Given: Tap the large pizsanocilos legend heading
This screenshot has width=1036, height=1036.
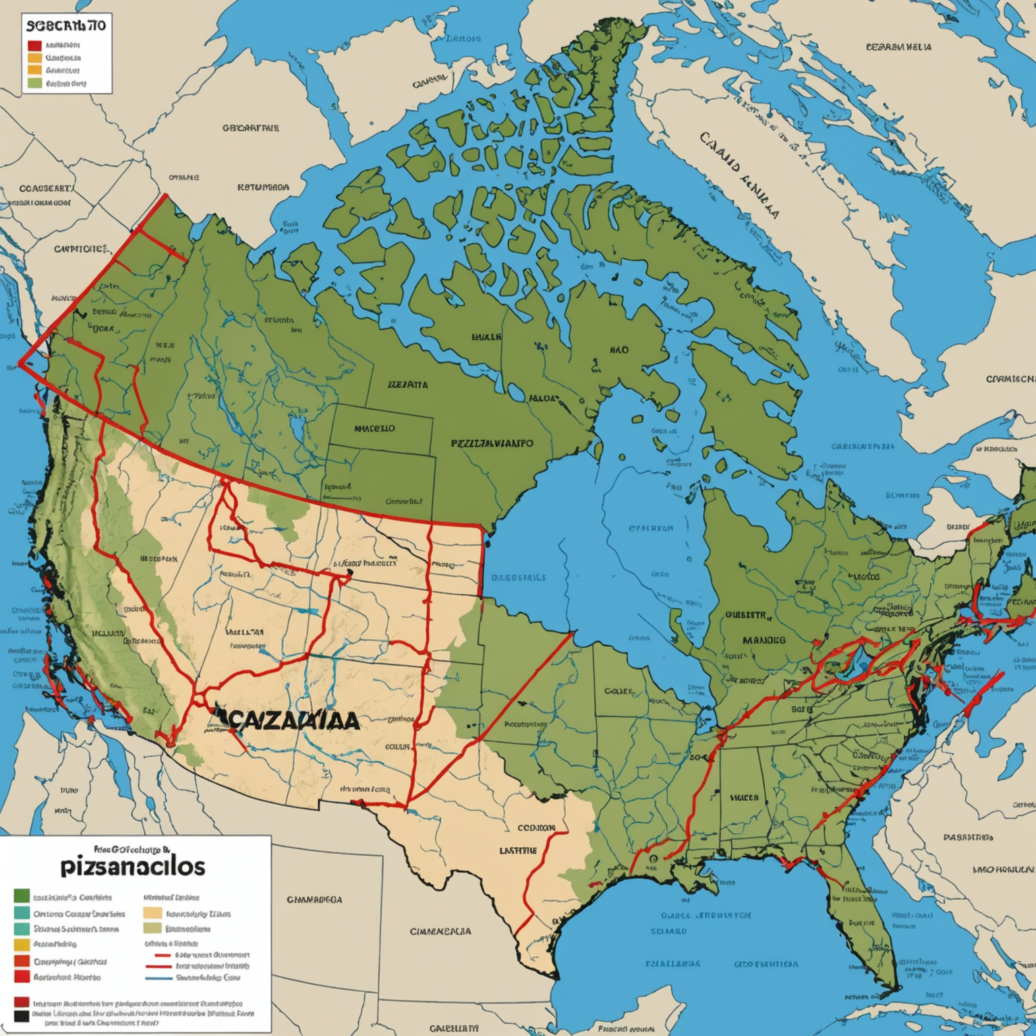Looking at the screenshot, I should tap(132, 865).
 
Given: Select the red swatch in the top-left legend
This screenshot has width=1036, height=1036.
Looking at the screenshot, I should tap(34, 45).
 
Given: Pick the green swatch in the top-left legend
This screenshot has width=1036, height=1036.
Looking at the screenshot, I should tap(34, 84).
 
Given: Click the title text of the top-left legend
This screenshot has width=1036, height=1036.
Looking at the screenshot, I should tap(66, 26).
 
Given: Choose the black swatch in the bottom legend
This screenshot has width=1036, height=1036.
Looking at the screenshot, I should tap(22, 1014).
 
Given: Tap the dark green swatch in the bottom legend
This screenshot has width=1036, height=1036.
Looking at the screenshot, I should tap(22, 896).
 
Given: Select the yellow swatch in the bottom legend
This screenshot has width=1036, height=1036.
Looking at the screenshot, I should tap(22, 944).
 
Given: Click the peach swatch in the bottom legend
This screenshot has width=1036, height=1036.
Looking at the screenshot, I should tap(153, 913).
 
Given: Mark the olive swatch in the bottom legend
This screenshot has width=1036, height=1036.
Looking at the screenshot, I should tap(153, 929).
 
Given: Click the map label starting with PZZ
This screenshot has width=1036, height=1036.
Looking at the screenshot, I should tap(492, 444).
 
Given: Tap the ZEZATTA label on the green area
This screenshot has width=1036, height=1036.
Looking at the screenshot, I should tap(407, 385).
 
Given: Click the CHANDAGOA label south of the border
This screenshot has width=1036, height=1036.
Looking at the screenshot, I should tap(314, 899).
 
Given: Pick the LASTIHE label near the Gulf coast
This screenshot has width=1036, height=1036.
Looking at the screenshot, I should tap(518, 851).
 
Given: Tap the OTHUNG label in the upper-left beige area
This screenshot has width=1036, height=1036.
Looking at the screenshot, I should tap(183, 177).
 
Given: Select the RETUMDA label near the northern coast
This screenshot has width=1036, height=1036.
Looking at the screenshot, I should tap(263, 187).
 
